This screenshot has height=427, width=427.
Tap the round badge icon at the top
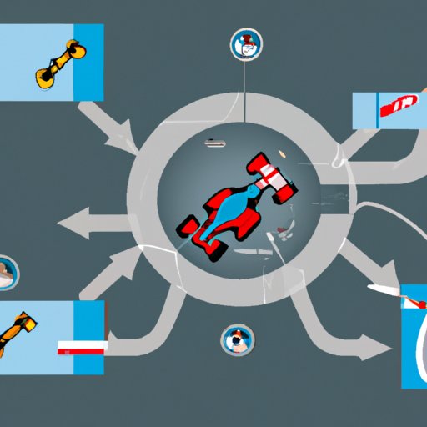(245, 44)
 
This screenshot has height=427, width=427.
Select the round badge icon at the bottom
(236, 339)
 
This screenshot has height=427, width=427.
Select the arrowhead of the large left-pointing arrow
(73, 224)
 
